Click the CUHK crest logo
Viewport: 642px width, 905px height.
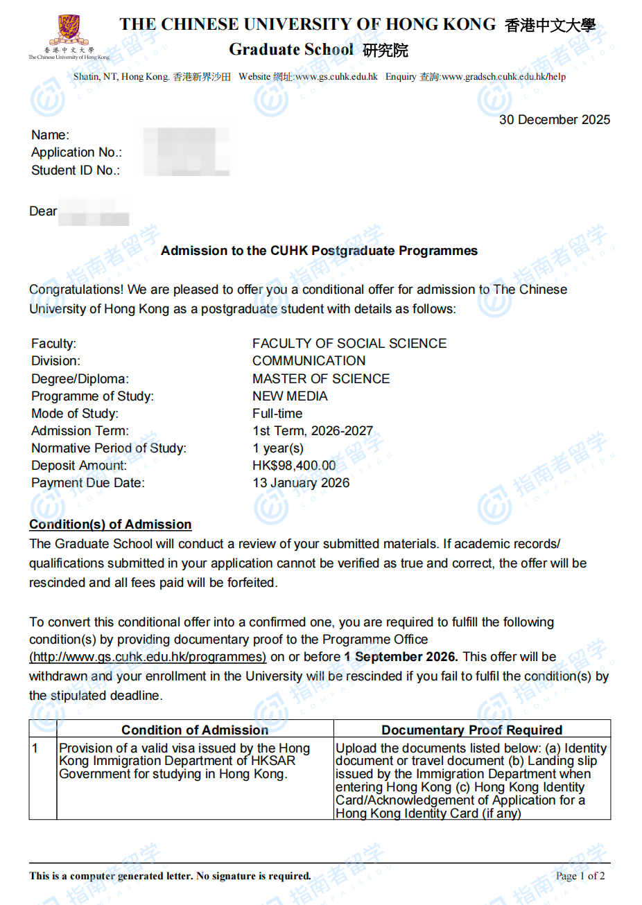(68, 31)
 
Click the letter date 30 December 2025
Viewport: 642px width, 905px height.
(554, 120)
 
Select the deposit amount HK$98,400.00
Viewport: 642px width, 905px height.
(294, 466)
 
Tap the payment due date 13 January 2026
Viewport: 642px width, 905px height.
(301, 483)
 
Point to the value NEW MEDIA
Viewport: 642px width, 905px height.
(290, 396)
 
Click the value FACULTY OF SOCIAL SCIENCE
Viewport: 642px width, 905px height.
(349, 344)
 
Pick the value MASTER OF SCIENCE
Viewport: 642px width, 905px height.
(321, 379)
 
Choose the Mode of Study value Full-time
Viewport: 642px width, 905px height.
(277, 414)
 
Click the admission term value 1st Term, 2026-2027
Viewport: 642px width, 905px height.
(313, 431)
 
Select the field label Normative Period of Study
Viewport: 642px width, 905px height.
(109, 448)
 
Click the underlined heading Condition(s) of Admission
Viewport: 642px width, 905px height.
(110, 525)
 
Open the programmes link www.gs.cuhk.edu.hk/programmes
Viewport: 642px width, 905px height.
(148, 657)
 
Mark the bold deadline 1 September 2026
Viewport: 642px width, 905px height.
(401, 657)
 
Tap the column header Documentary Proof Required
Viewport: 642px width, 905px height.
(471, 730)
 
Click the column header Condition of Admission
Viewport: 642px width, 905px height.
(195, 730)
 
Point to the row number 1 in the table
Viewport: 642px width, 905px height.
(35, 748)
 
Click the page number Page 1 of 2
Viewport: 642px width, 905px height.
(580, 876)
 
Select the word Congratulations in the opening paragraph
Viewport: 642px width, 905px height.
(76, 290)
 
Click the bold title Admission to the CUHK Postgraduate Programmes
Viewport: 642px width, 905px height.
(319, 251)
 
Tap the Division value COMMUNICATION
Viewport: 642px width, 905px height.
(309, 361)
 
